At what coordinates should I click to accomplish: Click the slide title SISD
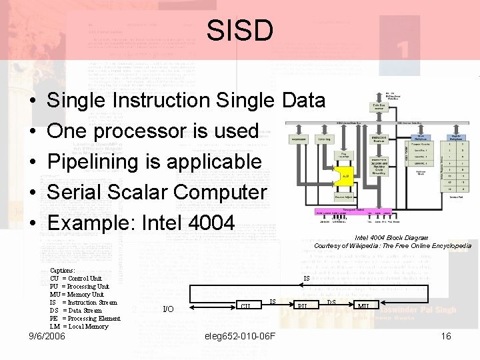239,30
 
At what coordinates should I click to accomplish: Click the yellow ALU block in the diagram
345,176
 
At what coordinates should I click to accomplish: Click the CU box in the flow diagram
247,306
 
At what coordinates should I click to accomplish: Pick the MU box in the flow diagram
364,306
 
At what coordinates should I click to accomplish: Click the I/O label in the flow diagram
169,309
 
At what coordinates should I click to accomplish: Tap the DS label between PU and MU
331,302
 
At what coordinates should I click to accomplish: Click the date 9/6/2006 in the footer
47,337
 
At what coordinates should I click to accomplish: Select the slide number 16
446,337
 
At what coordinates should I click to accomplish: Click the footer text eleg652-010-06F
241,337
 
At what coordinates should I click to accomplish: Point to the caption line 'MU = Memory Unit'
77,294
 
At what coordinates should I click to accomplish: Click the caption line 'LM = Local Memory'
79,326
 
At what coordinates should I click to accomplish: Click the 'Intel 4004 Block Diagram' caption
391,237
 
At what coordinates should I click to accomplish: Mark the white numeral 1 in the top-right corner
402,49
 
